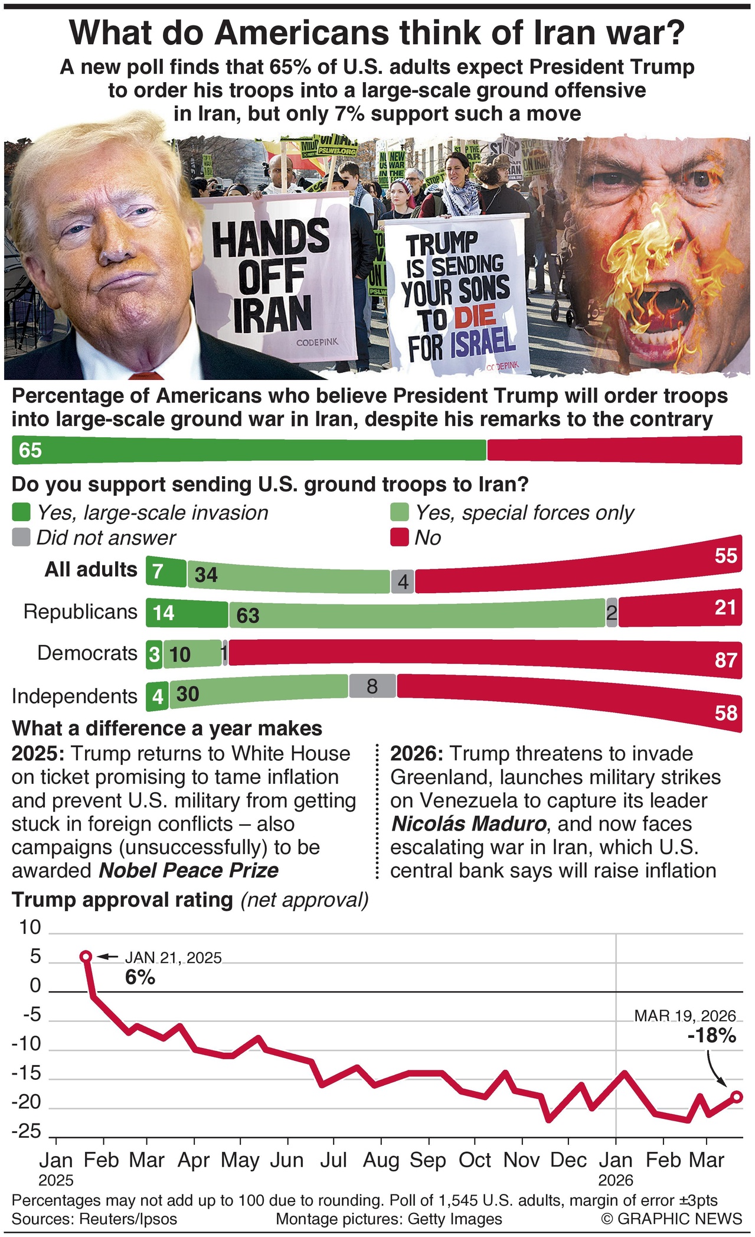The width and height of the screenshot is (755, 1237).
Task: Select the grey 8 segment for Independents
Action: (x=372, y=686)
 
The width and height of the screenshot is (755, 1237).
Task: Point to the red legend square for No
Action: (x=400, y=538)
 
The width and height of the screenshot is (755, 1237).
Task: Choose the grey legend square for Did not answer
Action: (x=21, y=538)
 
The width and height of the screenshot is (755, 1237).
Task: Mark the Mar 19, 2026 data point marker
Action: (x=737, y=1097)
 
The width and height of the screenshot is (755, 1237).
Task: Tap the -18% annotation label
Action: (x=711, y=1036)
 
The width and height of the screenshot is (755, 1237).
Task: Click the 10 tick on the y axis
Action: (x=30, y=928)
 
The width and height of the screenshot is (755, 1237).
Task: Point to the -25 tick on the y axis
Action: (x=27, y=1132)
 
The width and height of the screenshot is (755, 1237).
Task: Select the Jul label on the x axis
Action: (x=334, y=1161)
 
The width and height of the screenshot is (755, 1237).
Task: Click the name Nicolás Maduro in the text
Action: (x=468, y=824)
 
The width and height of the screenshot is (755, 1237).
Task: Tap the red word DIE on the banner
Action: (x=475, y=317)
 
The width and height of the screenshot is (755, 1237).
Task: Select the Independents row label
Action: (x=74, y=696)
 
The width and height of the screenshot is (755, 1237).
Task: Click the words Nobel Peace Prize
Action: (x=189, y=871)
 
